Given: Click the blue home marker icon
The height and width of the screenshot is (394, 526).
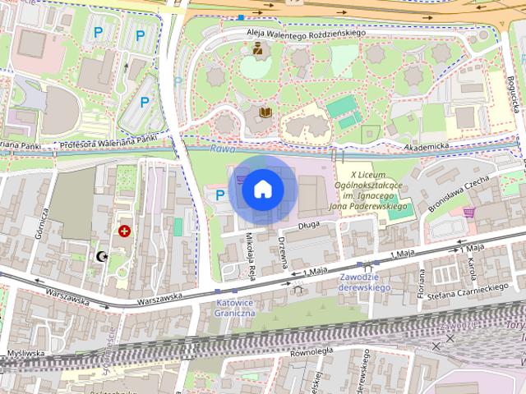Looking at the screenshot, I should click(x=262, y=189).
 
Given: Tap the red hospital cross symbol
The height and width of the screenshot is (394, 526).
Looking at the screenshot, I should click(x=125, y=232).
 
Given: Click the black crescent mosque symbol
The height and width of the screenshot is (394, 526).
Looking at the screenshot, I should click(x=103, y=257).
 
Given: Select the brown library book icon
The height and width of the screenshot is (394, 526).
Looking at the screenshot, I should click(x=265, y=112).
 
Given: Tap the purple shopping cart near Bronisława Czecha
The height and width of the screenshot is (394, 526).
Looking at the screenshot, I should click(x=468, y=211).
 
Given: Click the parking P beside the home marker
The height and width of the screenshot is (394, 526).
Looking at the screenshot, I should click(x=219, y=195).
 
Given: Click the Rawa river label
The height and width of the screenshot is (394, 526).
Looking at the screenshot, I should click(x=222, y=149).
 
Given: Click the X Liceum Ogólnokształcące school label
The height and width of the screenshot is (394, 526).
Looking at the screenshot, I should click(x=374, y=191).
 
